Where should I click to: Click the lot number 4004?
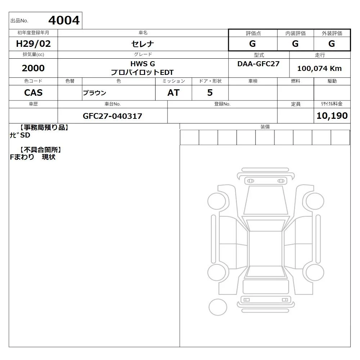(64, 21)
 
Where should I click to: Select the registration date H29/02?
(33, 44)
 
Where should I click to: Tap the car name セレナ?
(143, 44)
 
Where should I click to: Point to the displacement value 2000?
(33, 68)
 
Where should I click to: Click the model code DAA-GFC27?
(258, 64)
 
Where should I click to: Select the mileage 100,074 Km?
(319, 68)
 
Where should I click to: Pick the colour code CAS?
(33, 93)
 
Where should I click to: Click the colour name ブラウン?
(94, 93)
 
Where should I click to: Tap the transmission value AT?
(174, 93)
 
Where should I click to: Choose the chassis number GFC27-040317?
(112, 116)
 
